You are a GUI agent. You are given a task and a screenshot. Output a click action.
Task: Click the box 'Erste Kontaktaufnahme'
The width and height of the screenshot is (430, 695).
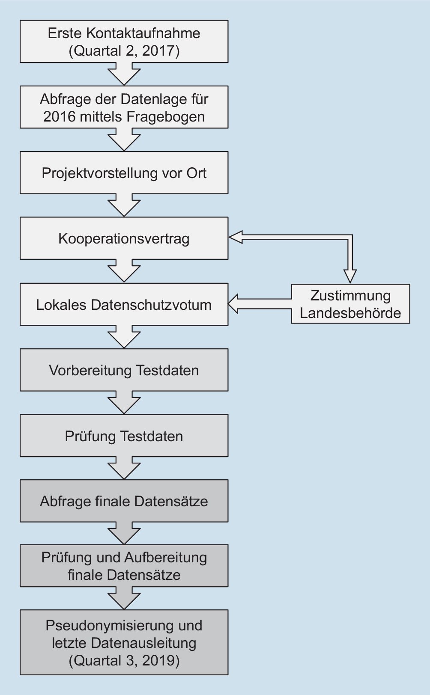tap(124, 42)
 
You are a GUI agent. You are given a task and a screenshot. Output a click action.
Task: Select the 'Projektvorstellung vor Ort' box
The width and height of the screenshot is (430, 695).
tap(124, 173)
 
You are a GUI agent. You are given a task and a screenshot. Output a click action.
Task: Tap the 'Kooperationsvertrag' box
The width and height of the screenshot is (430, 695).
tap(124, 238)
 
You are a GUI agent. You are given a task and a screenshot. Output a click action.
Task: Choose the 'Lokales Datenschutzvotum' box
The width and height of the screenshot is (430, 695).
tap(124, 304)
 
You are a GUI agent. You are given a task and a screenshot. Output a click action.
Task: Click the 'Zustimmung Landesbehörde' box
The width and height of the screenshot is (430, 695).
tap(350, 304)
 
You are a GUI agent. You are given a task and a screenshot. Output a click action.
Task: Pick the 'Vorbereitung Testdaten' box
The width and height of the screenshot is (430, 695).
tap(124, 370)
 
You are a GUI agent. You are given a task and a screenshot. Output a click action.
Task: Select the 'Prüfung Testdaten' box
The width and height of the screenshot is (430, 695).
tap(124, 436)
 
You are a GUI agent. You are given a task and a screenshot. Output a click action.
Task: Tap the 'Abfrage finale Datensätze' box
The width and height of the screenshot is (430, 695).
tap(124, 501)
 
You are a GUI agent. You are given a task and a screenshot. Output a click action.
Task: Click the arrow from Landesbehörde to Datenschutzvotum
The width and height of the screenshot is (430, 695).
tap(260, 304)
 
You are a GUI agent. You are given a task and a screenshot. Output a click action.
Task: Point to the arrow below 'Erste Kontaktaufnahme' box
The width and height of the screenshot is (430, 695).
tap(124, 74)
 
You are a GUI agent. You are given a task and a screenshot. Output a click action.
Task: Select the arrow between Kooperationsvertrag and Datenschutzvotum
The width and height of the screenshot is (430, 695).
tap(124, 271)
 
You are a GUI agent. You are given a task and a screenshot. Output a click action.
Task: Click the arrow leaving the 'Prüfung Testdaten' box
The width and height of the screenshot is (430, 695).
tap(124, 468)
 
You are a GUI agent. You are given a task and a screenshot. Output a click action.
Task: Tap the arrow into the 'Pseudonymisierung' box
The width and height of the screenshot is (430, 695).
tap(124, 598)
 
